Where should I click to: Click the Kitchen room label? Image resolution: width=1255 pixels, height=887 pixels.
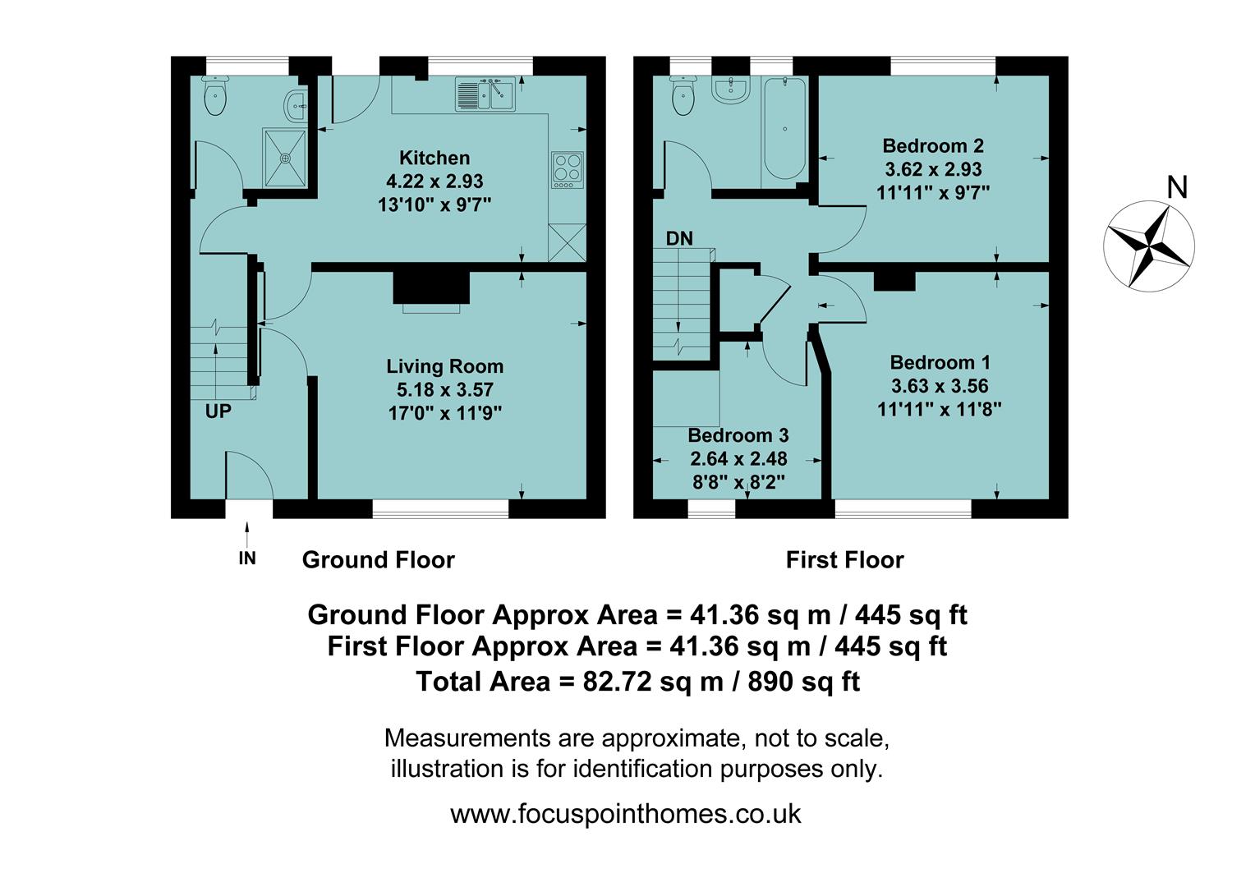click(434, 158)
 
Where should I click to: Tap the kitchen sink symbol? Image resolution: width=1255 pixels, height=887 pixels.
click(484, 94)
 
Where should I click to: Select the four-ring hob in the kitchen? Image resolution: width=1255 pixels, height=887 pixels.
click(568, 169)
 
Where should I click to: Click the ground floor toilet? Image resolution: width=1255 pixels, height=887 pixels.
click(215, 98)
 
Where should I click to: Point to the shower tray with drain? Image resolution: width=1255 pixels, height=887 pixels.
click(285, 157)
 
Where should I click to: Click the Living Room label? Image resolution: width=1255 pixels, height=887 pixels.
click(445, 366)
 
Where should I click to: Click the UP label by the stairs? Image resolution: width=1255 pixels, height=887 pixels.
click(218, 411)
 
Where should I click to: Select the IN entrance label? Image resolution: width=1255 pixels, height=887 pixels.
click(247, 558)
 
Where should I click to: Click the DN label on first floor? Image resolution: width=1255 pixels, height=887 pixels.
click(679, 239)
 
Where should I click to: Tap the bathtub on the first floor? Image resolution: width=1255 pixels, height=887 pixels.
click(785, 129)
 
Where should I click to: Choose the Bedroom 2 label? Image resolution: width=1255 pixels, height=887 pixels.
click(933, 146)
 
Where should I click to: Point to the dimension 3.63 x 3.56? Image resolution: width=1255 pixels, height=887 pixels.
click(940, 386)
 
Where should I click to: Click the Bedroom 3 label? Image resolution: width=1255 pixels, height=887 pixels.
click(738, 435)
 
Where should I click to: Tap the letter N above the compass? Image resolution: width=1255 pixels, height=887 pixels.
click(1177, 188)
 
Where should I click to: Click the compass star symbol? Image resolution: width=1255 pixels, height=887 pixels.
click(1148, 245)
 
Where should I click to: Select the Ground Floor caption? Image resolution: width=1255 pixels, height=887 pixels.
click(378, 560)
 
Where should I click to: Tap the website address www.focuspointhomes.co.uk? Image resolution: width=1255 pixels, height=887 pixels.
click(626, 814)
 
